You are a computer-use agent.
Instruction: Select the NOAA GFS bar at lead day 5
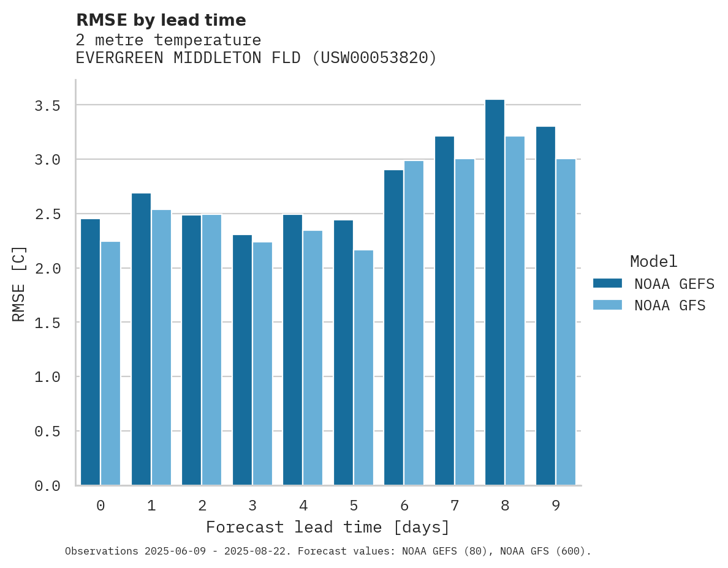[x=363, y=367]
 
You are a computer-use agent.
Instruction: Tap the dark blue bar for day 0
[x=90, y=352]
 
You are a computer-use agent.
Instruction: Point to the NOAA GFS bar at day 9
[x=566, y=322]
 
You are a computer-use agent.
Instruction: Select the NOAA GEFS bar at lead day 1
[x=141, y=339]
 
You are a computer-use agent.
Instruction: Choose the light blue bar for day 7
[x=464, y=322]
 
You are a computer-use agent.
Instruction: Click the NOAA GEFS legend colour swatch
[x=607, y=283]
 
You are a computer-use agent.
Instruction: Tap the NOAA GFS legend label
[x=670, y=305]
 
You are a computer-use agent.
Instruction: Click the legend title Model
[x=653, y=261]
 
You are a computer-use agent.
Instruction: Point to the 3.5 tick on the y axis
[x=47, y=106]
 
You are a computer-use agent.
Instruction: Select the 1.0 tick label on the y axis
[x=47, y=377]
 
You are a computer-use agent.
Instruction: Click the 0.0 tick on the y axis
[x=47, y=486]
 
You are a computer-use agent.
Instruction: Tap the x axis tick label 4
[x=303, y=506]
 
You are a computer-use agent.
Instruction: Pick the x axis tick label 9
[x=555, y=506]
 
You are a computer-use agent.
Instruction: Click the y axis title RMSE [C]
[x=20, y=283]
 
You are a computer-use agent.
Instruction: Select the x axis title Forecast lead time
[x=328, y=527]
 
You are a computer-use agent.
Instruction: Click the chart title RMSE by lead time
[x=161, y=20]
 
